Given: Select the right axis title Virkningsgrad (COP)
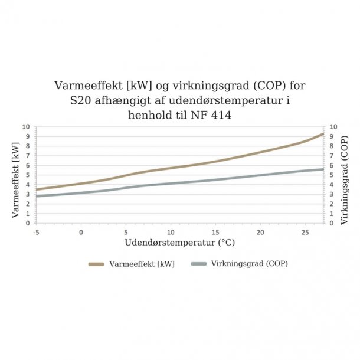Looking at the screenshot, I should click(345, 175).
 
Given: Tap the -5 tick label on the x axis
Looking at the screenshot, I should click(37, 232).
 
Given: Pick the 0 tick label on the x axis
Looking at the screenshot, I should click(81, 232).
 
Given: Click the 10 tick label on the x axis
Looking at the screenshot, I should click(171, 232).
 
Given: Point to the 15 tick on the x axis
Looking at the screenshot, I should click(215, 232).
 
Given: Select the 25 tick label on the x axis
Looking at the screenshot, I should click(305, 232).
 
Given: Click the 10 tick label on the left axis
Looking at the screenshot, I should click(25, 127).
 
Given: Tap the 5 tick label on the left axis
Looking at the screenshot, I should click(27, 175).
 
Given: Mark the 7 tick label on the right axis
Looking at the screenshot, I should click(334, 156).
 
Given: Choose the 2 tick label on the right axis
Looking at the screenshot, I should click(334, 204).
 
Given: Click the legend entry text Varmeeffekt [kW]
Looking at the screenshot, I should click(142, 264).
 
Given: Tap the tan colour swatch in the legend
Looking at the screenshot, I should click(97, 264).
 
